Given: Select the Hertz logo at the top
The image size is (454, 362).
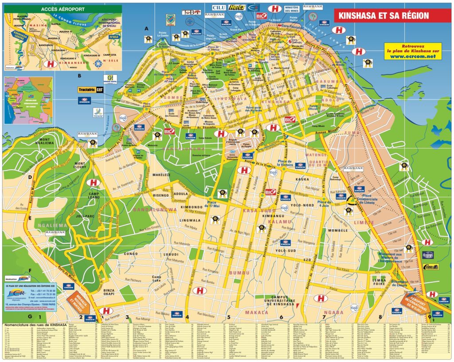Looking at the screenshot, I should pos(237,8).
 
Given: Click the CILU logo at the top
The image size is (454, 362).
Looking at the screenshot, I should pos(219,8).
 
